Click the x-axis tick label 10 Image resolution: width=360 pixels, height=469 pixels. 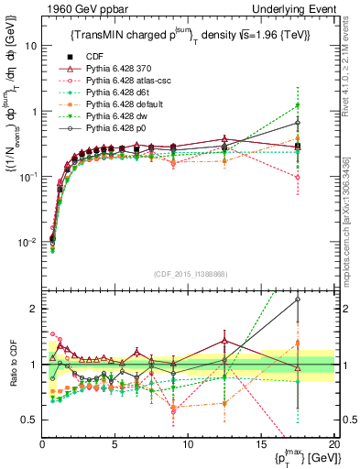click(188, 444)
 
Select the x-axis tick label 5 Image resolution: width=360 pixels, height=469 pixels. click(115, 444)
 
